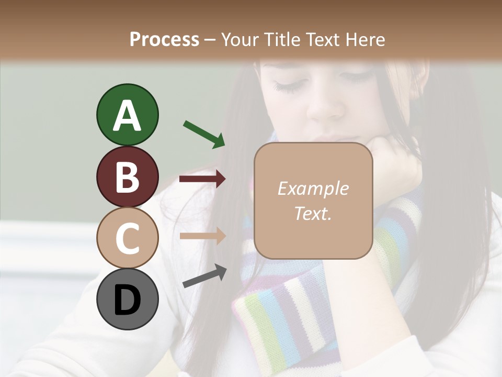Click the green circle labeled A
click(127, 115)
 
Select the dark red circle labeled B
click(127, 176)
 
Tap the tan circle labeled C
click(127, 238)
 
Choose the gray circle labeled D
click(127, 299)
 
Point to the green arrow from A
click(204, 134)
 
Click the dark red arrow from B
click(202, 179)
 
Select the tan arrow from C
click(202, 236)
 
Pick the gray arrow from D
click(204, 276)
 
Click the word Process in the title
click(164, 40)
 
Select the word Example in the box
click(313, 188)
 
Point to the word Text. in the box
click(313, 213)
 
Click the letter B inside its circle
click(127, 177)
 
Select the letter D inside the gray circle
click(127, 300)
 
